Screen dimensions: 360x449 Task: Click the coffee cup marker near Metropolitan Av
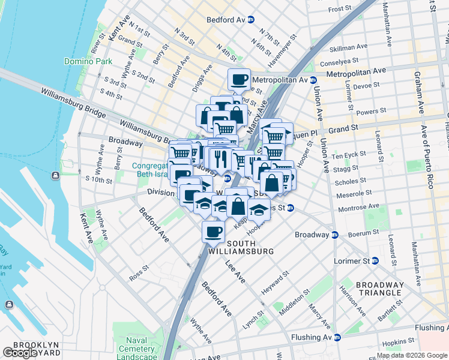[239, 79]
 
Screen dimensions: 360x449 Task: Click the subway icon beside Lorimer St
[375, 261]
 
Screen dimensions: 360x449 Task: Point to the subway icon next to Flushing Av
[337, 338]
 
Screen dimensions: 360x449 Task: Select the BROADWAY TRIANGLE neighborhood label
[380, 289]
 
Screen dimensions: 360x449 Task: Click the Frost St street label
[340, 9]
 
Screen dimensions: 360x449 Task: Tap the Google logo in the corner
[20, 353]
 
